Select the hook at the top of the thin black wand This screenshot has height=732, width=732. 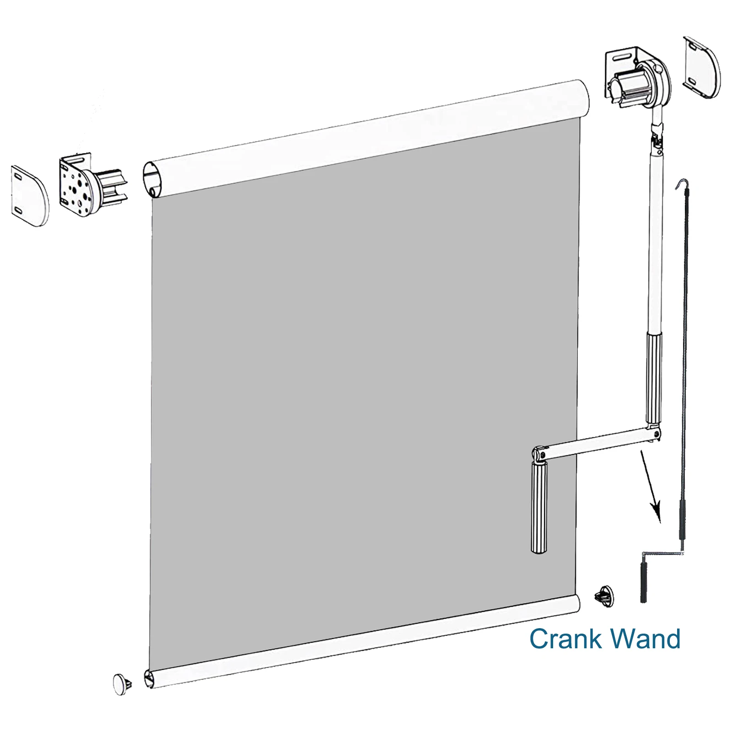pyautogui.click(x=682, y=183)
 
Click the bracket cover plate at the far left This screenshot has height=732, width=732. pyautogui.click(x=29, y=196)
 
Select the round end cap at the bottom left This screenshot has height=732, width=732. pyautogui.click(x=120, y=684)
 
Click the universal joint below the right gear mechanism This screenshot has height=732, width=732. pyautogui.click(x=657, y=135)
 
